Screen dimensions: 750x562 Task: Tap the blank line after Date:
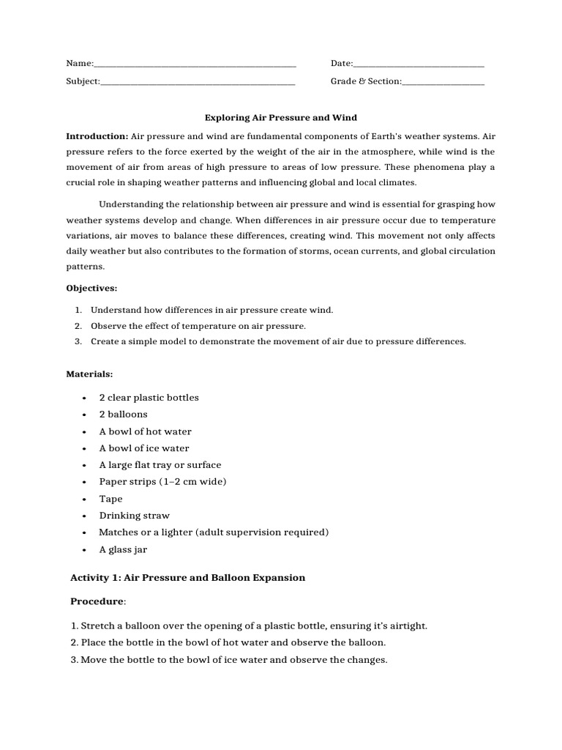click(419, 65)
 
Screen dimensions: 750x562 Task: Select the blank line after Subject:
click(198, 82)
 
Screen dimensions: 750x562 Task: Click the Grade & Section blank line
click(443, 82)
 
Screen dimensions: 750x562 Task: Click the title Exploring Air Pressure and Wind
click(280, 118)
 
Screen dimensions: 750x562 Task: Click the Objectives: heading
click(91, 289)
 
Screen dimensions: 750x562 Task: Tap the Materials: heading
click(89, 374)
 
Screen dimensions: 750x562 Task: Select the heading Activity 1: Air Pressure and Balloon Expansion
click(187, 578)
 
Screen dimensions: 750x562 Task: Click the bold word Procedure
click(97, 601)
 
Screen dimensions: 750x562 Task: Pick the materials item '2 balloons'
click(123, 415)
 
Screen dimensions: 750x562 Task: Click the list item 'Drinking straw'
click(134, 516)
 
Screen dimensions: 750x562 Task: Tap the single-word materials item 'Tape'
click(110, 499)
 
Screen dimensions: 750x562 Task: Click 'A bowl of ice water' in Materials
click(144, 448)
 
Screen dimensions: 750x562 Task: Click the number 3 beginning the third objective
click(78, 342)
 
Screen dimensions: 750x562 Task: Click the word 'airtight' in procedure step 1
click(408, 626)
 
